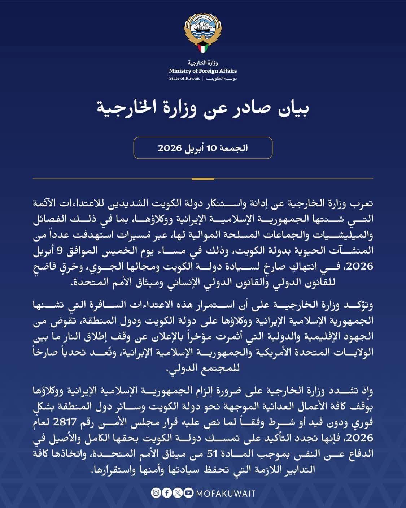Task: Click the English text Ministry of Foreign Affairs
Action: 203,71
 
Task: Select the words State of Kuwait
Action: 184,78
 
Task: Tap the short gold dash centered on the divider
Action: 203,179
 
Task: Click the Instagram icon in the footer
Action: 156,493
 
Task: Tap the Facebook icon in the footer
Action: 166,493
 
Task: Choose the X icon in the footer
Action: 177,493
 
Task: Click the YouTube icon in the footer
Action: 188,493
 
